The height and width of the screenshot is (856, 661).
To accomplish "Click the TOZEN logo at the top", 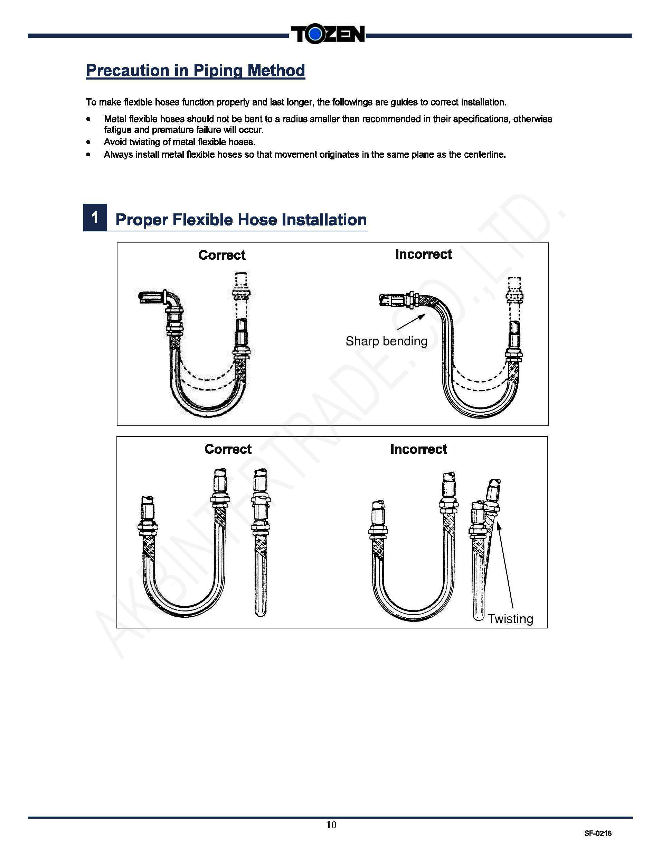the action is [x=327, y=35].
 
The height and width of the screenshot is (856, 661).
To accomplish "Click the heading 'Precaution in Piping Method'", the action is [x=196, y=71].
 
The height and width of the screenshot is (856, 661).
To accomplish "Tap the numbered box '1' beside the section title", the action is [x=95, y=218].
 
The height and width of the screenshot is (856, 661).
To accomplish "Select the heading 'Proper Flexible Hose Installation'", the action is [x=241, y=220].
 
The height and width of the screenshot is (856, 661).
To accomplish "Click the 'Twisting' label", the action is [x=510, y=618].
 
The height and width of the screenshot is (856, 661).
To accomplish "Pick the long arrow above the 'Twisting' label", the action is [x=505, y=565].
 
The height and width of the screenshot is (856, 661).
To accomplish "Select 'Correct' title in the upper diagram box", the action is [x=222, y=255].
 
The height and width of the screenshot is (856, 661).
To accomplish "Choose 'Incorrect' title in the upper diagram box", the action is [x=423, y=254].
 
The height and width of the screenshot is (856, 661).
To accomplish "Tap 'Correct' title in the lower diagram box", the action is [x=228, y=449].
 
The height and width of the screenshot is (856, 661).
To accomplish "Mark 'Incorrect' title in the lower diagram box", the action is [x=418, y=449].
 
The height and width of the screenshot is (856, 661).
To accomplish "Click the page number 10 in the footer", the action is [x=331, y=825].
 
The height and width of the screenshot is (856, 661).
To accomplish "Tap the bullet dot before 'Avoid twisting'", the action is [x=88, y=142].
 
